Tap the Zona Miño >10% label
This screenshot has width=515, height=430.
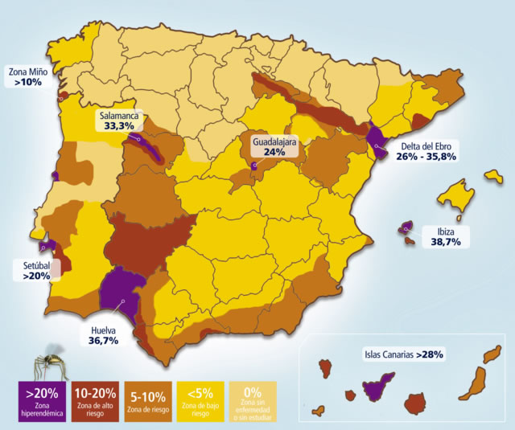coord(28,76)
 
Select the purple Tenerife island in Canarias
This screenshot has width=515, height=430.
coord(377,387)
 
